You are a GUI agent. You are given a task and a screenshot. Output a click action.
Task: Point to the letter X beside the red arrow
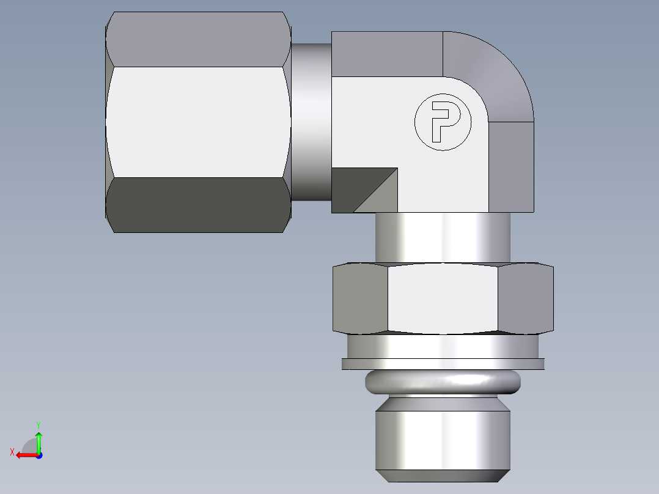pos(12,452)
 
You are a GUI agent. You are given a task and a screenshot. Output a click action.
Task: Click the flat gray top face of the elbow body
pos(386,54)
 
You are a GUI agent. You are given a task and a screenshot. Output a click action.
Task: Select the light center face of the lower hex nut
pos(443,298)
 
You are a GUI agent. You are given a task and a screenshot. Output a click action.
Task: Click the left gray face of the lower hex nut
pos(360,298)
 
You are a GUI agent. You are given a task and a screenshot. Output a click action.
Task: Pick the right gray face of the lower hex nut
pos(526,298)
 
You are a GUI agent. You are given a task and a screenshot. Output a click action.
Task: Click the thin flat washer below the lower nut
pos(443,364)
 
